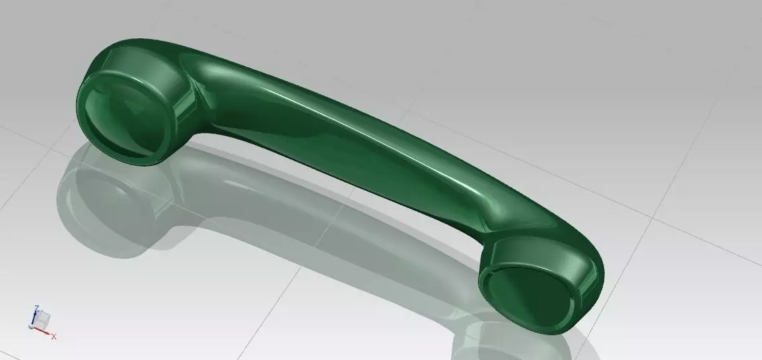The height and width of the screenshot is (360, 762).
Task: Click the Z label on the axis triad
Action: coord(36,308)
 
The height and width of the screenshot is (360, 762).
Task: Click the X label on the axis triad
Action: coord(54,336)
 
